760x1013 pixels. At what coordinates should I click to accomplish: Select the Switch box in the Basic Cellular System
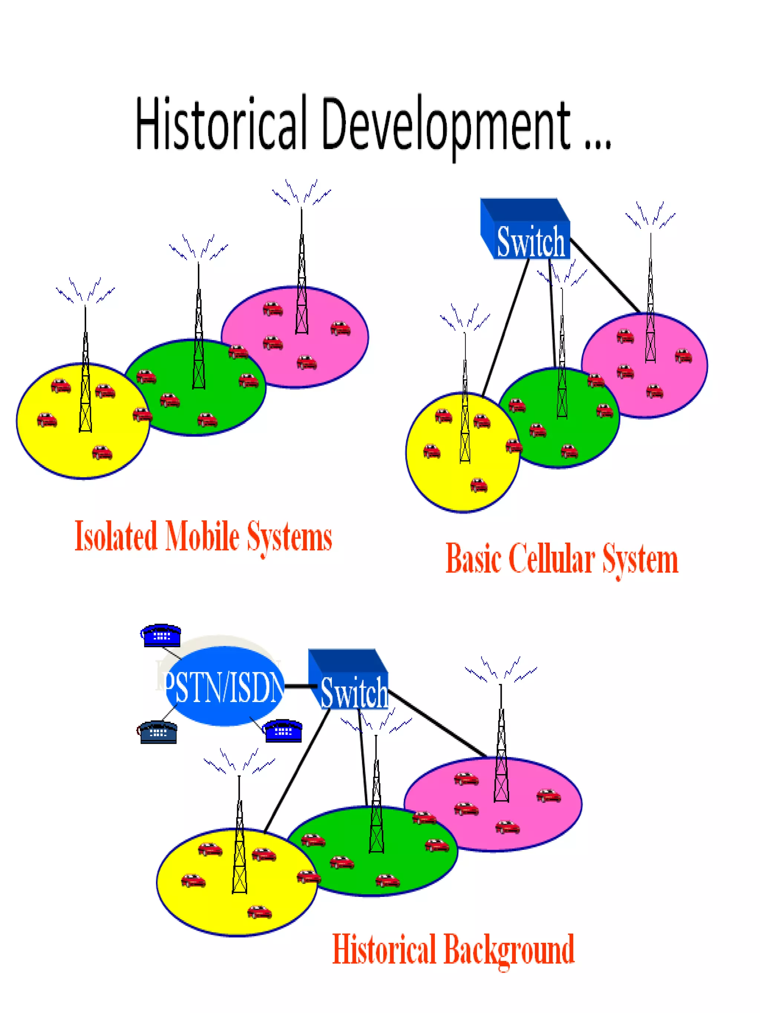pyautogui.click(x=527, y=231)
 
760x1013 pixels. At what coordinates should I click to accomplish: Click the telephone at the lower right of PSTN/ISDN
pyautogui.click(x=283, y=730)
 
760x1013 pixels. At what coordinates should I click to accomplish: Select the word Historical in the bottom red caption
pyautogui.click(x=384, y=949)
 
